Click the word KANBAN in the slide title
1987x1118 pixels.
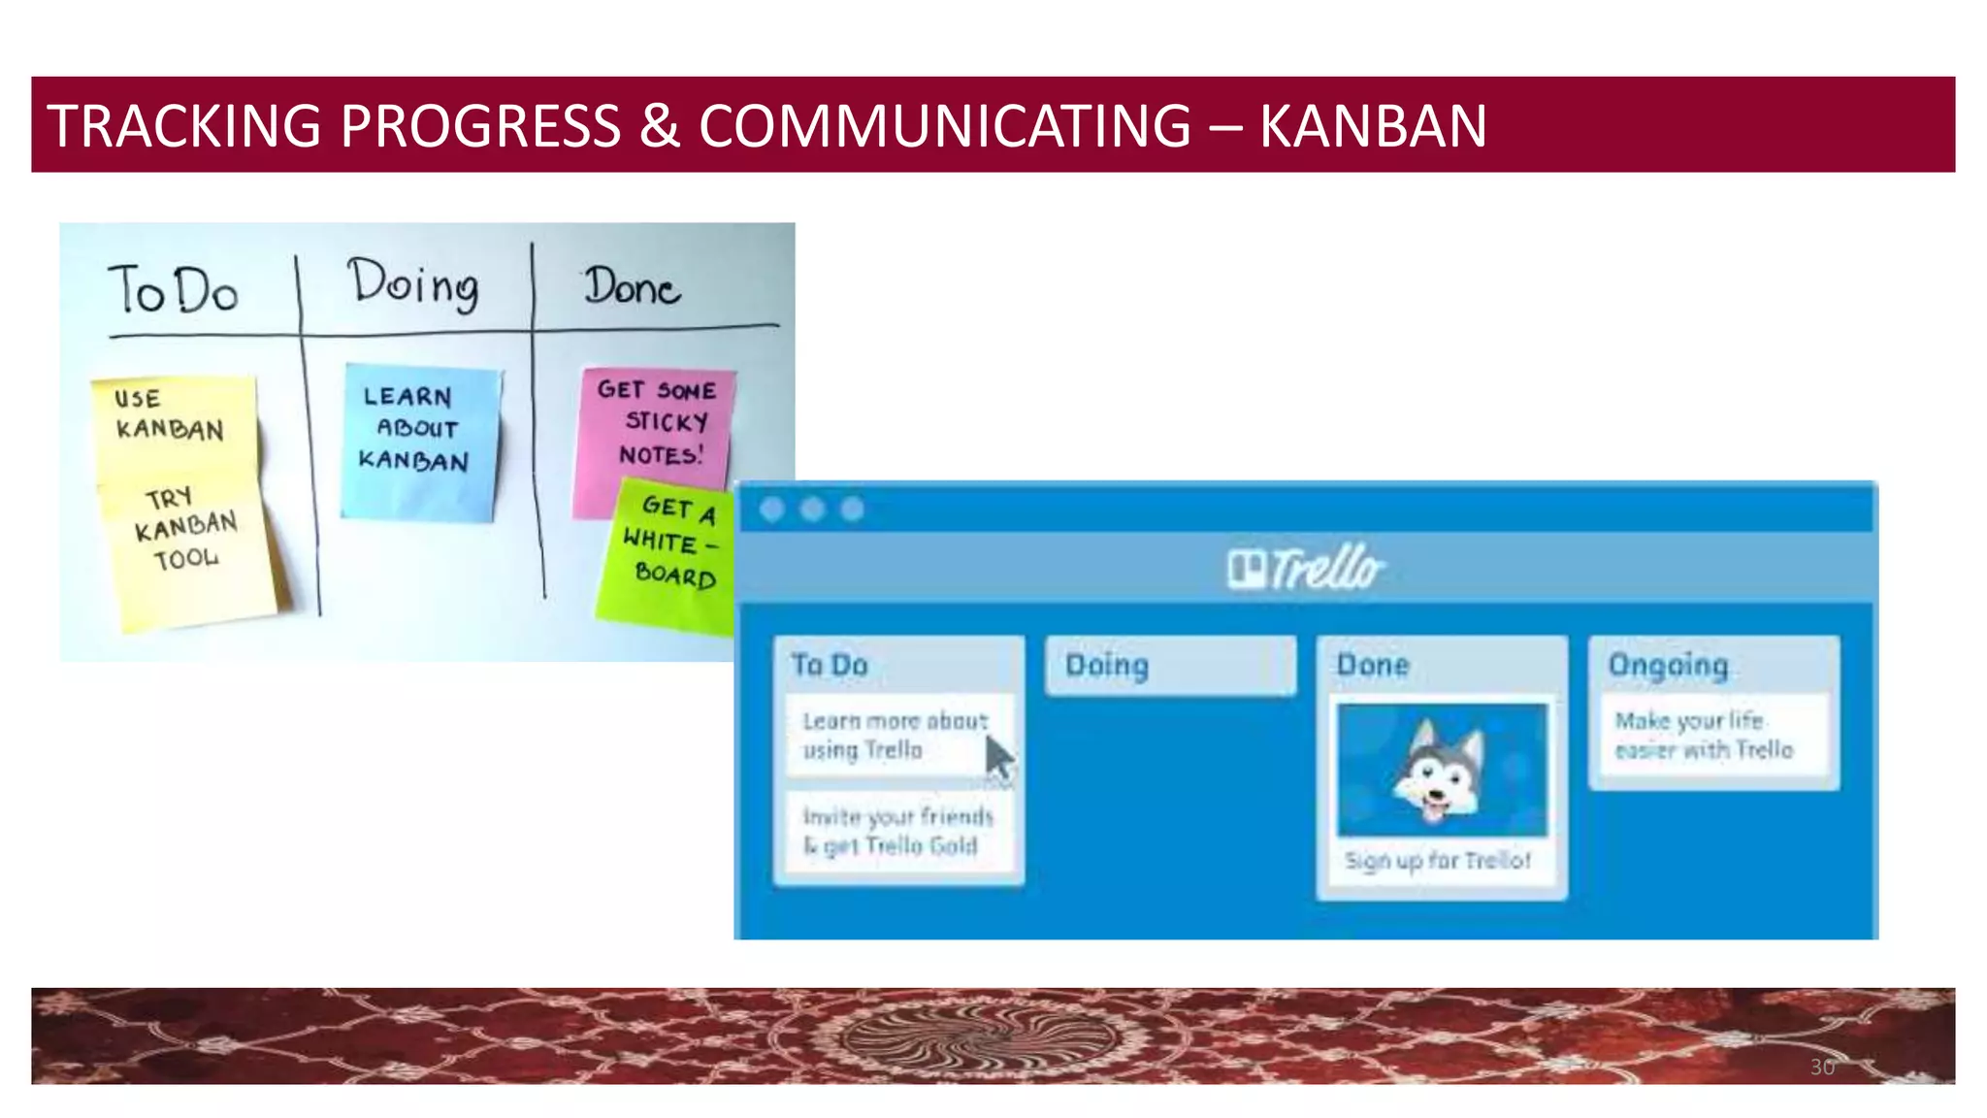pyautogui.click(x=1372, y=126)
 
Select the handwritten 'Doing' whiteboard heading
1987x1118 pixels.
pyautogui.click(x=413, y=283)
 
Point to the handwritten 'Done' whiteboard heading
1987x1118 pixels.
pyautogui.click(x=632, y=287)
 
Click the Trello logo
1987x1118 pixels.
pyautogui.click(x=1305, y=569)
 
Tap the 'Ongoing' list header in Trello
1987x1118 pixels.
pyautogui.click(x=1669, y=666)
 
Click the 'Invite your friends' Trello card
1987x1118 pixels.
pyautogui.click(x=897, y=832)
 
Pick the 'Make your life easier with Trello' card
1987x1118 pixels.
pyautogui.click(x=1703, y=736)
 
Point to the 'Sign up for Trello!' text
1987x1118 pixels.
pyautogui.click(x=1438, y=861)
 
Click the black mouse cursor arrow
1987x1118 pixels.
pyautogui.click(x=997, y=758)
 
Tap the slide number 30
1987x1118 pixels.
pyautogui.click(x=1822, y=1068)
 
